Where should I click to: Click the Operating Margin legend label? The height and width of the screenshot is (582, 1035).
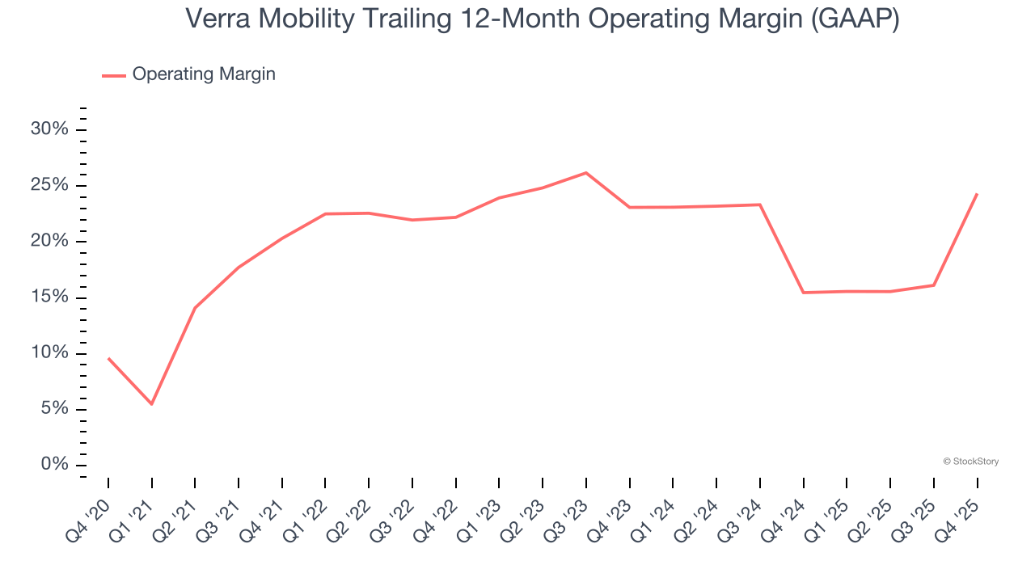(x=204, y=74)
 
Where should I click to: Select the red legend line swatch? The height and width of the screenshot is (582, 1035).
(x=114, y=75)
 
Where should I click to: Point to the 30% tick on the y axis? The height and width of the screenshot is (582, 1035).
(x=49, y=130)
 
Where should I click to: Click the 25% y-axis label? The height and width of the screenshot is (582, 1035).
(x=49, y=186)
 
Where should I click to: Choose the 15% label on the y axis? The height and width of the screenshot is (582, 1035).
(x=49, y=297)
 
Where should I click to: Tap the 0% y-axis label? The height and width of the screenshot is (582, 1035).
(x=54, y=465)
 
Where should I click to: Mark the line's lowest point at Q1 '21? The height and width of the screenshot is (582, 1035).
(x=151, y=404)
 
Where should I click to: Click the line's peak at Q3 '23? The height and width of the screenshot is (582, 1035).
(x=586, y=172)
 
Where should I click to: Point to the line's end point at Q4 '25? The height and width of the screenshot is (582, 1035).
(x=977, y=194)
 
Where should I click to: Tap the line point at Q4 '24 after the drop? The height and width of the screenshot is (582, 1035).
(x=803, y=293)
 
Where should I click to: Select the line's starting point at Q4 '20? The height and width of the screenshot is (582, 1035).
(x=108, y=358)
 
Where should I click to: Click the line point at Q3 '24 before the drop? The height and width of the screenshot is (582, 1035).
(x=760, y=205)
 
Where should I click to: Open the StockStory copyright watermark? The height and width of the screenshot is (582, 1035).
(x=970, y=462)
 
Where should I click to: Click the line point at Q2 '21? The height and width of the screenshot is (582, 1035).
(x=195, y=308)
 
